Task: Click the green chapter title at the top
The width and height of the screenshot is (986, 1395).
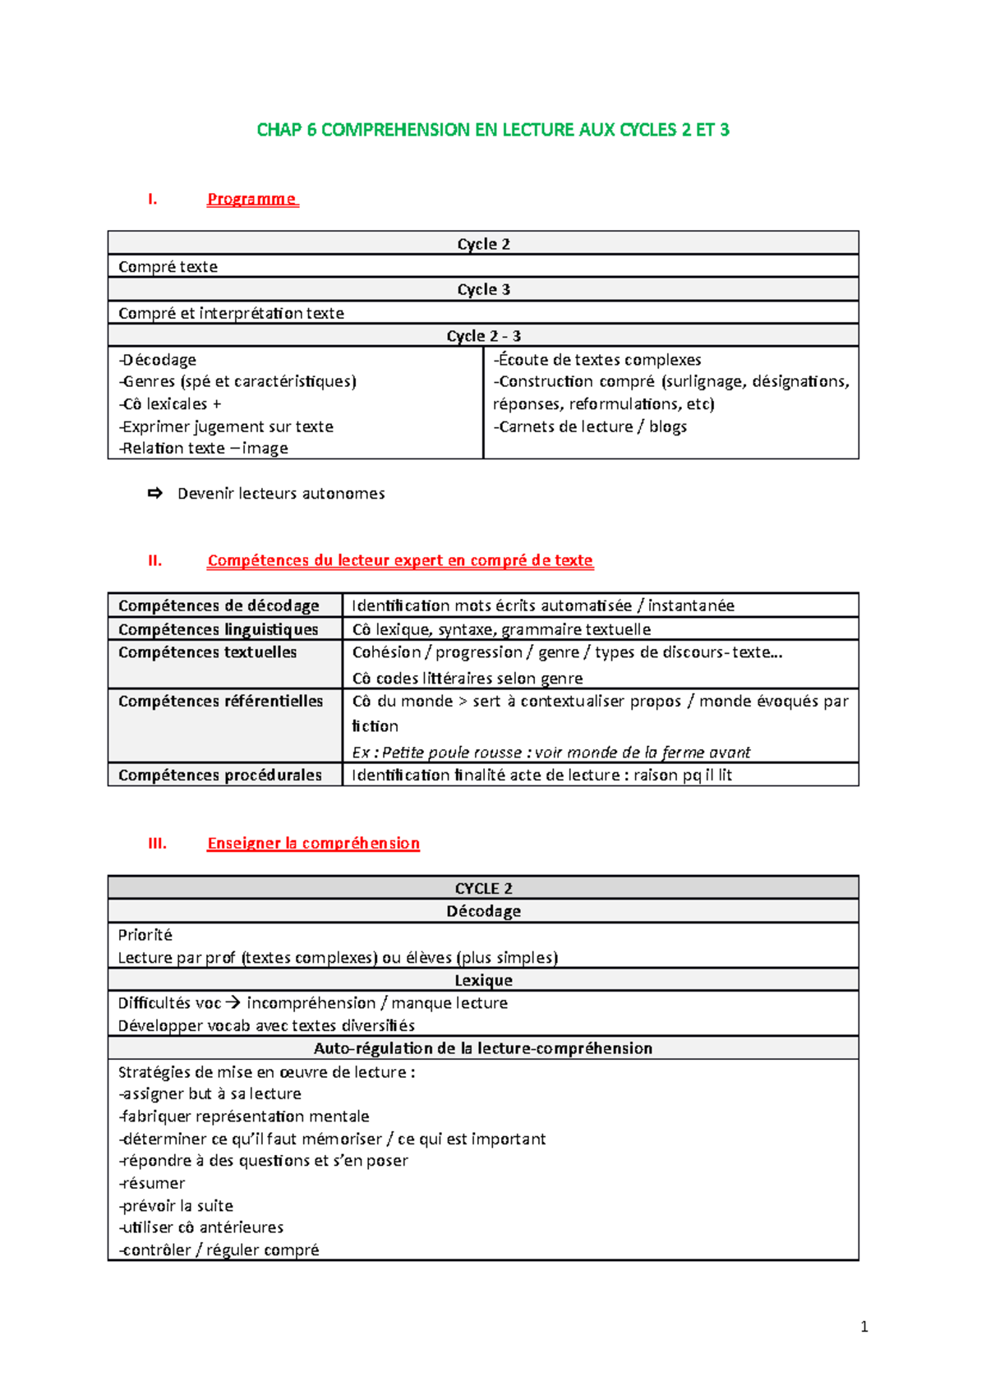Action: click(493, 130)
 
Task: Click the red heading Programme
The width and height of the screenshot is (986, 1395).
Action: click(251, 199)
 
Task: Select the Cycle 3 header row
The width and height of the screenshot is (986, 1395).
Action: click(483, 289)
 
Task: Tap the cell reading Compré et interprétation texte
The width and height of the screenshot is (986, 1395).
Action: click(231, 313)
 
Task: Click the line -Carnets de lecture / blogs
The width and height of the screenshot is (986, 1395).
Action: click(590, 426)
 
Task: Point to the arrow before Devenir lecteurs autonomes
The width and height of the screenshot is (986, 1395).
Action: click(154, 493)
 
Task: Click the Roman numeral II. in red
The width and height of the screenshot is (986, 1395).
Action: click(154, 561)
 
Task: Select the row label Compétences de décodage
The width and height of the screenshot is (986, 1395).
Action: click(219, 605)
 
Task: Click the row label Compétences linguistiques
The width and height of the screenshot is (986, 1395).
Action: click(219, 629)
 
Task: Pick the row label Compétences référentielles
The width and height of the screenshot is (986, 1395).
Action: click(220, 701)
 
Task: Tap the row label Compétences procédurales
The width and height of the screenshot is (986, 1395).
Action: click(219, 775)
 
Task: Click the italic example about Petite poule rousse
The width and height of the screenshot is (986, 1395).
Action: click(551, 752)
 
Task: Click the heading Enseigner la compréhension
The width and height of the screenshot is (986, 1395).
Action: click(313, 844)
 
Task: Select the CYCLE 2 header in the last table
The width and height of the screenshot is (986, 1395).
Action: click(483, 888)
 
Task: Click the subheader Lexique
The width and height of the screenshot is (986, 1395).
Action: click(483, 980)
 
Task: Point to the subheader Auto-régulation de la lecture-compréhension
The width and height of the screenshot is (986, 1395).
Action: click(483, 1048)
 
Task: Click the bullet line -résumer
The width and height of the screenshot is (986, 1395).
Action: click(152, 1183)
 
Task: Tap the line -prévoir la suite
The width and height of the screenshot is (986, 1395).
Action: click(176, 1205)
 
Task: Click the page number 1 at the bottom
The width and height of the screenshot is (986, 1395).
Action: click(864, 1326)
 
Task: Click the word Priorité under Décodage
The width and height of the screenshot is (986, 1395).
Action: click(145, 935)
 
